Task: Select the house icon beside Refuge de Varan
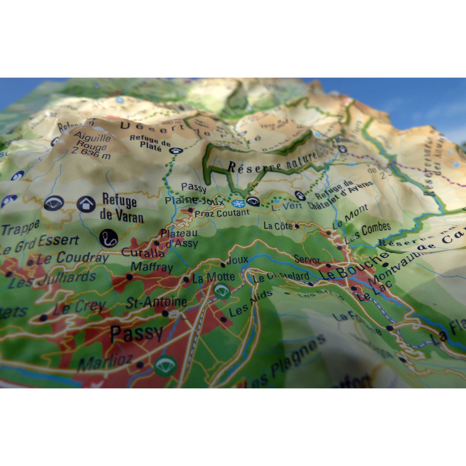pos(86,203)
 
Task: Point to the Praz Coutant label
pos(222,213)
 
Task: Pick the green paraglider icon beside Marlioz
pos(165,365)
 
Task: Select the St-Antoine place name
pos(156,302)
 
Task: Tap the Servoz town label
pos(307,259)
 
